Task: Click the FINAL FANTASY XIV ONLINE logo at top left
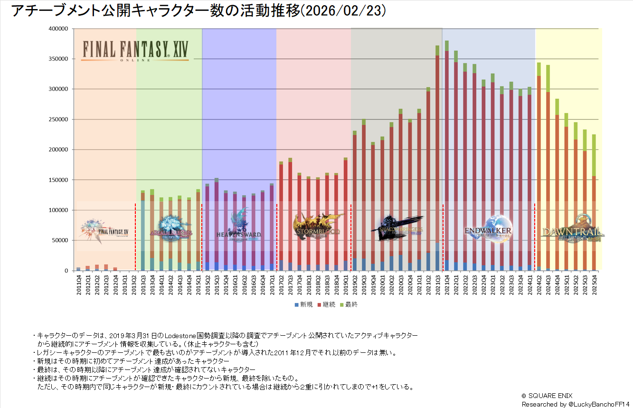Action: [x=135, y=50]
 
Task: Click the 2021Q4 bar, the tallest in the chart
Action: [x=446, y=157]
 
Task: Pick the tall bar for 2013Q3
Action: [x=142, y=233]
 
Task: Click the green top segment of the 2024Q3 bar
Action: [x=548, y=78]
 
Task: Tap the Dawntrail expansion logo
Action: [x=572, y=229]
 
